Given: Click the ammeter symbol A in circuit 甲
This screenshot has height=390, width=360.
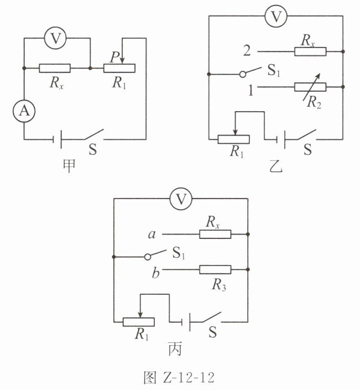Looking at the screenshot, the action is pos(24,111).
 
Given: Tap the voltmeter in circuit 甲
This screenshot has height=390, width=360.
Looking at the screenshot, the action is pos(55,38).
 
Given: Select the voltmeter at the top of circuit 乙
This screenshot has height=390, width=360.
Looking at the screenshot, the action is pos(276,16).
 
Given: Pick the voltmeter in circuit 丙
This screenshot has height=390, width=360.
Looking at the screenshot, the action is pos(181,199).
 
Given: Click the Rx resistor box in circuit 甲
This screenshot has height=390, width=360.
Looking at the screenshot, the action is pos(55,68).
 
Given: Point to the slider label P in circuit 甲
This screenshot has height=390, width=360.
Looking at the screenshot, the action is pos(114,57).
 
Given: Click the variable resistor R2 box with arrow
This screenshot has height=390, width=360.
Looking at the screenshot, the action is pos(310,87).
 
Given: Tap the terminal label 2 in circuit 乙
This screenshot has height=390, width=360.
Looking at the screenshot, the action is pos(247,50).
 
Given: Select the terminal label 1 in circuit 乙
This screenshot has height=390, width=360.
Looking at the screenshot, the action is pos(251,90).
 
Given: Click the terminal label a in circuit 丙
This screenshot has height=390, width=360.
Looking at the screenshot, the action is pos(152,235).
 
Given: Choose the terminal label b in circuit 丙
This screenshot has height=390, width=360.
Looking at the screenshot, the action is pos(155,273).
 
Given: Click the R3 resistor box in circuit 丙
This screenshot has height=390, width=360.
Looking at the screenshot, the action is pos(215,269).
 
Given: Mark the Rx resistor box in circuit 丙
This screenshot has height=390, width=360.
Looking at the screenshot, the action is pos(215,235).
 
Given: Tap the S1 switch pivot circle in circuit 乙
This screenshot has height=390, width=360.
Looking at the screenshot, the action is pos(243,74).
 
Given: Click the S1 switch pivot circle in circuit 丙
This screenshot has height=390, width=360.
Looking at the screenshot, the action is pos(148,257).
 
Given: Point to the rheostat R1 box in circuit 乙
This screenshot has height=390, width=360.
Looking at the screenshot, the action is pos(233,139).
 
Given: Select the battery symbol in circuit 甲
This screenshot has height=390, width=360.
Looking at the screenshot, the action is pos(58,139).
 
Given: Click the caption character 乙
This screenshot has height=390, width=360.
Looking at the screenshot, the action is pos(276,166).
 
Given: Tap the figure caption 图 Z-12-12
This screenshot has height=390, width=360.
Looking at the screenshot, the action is pos(179,378).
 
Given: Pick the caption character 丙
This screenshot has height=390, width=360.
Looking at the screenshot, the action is pos(175,349).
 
